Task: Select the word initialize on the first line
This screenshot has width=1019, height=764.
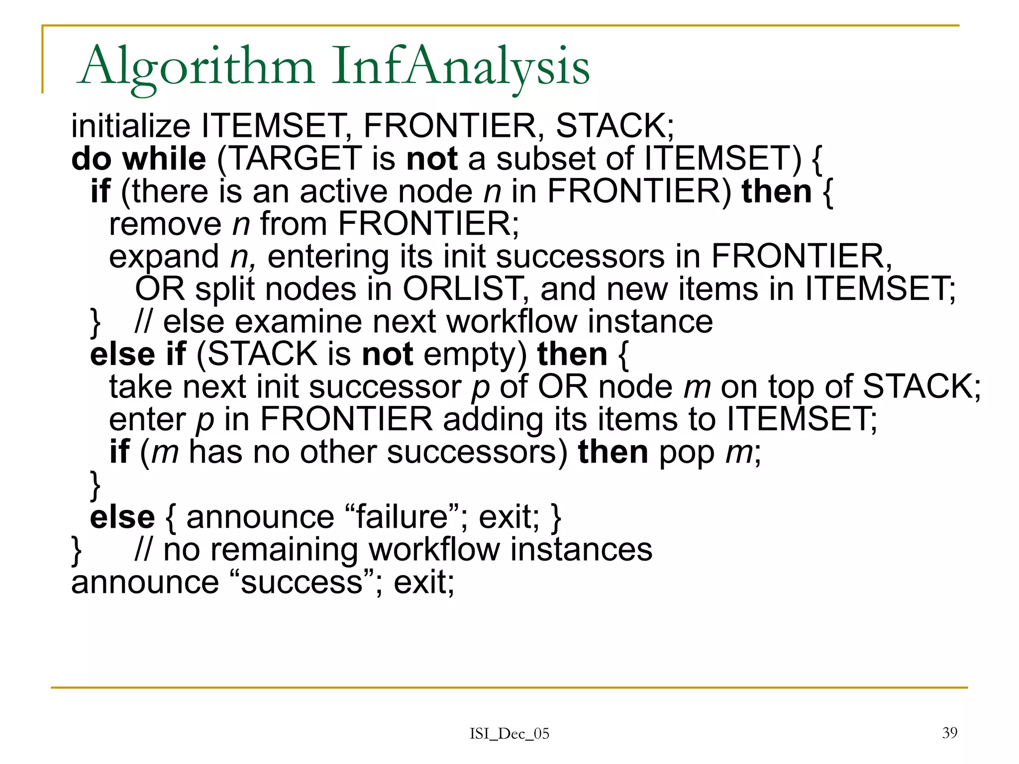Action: (130, 126)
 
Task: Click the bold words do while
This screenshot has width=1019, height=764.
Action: (138, 159)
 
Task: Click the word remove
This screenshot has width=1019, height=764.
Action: (165, 224)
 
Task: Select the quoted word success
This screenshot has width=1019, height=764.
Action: (302, 582)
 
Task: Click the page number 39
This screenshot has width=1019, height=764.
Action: (949, 733)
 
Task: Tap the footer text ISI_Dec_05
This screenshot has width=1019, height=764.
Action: (509, 734)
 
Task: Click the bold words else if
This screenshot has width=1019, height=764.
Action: (138, 355)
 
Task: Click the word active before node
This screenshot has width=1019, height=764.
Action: (343, 191)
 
